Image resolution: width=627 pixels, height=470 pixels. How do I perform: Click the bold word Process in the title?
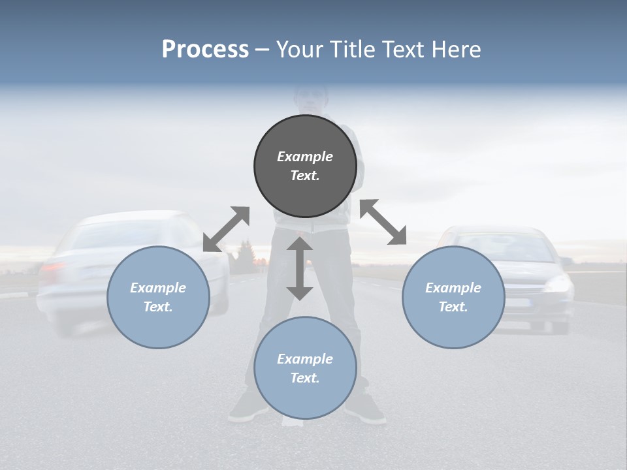tap(205, 50)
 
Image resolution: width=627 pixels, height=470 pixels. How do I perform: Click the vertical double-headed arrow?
tap(300, 268)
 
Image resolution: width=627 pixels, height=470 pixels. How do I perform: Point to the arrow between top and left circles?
tap(226, 229)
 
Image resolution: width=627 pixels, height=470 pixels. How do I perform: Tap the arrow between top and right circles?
tap(383, 222)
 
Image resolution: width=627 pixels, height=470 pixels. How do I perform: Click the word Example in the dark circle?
tap(305, 157)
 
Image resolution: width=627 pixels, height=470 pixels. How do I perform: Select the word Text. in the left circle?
tap(158, 307)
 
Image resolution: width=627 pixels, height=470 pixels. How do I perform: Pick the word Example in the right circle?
tap(453, 288)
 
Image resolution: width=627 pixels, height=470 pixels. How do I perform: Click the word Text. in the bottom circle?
tap(305, 378)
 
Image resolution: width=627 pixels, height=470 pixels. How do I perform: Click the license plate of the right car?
tap(519, 303)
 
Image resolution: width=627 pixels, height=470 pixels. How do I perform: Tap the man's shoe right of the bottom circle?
tap(367, 409)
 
